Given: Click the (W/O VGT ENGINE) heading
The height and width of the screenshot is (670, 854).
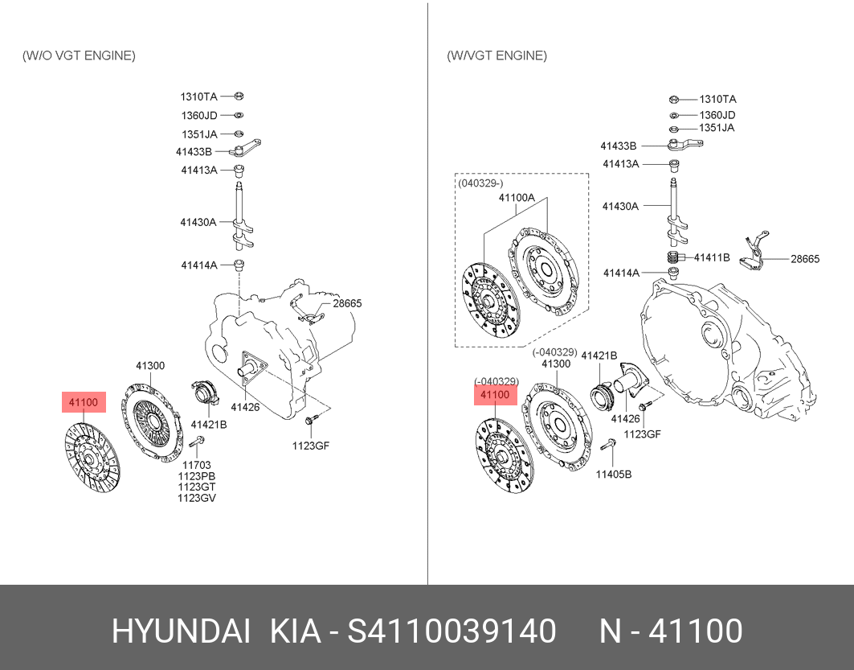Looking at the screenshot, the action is click(79, 55).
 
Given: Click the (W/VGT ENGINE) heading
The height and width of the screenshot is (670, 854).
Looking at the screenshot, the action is click(496, 55).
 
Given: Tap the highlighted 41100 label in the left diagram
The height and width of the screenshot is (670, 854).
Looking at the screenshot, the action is click(84, 402).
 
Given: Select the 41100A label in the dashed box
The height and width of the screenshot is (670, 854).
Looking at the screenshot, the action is click(517, 197).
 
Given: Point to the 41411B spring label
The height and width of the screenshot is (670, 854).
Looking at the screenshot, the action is click(712, 257).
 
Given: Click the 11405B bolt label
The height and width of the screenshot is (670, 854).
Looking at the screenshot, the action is click(613, 475).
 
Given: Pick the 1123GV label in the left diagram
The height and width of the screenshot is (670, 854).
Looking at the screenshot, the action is click(197, 498).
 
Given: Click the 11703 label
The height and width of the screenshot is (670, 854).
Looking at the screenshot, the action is click(197, 465).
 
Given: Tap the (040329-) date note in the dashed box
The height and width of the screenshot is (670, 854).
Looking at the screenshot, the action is click(480, 183).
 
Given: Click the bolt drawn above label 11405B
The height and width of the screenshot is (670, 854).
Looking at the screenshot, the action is click(608, 445).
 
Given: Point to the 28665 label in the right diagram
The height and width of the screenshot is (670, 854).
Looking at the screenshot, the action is click(805, 259).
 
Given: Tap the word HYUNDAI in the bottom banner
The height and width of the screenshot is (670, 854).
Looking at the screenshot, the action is click(181, 631).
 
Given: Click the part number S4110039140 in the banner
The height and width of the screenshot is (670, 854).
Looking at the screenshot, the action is click(452, 631).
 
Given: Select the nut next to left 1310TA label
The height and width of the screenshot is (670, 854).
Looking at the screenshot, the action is click(239, 97).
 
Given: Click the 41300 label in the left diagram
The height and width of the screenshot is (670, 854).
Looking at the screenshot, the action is click(150, 366).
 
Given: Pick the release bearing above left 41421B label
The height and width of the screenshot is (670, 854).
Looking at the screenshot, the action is click(205, 393).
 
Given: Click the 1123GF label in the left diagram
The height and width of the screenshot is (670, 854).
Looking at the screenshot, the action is click(310, 446).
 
